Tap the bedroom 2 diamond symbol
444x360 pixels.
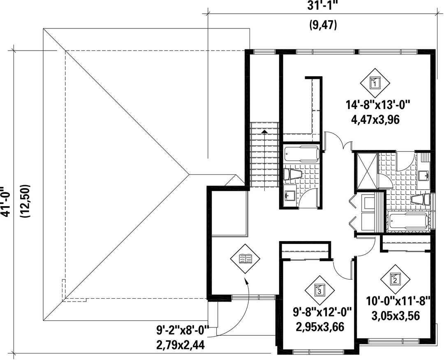click(x=395, y=279)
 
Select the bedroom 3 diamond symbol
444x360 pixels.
click(x=319, y=290)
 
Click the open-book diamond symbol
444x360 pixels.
click(x=245, y=259)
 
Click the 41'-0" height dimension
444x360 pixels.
click(x=6, y=202)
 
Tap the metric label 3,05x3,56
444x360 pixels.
click(x=395, y=316)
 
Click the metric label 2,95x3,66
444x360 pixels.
click(x=320, y=327)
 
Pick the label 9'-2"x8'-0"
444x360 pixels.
click(x=183, y=330)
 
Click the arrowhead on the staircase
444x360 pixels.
click(x=264, y=131)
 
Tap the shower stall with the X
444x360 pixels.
click(x=367, y=171)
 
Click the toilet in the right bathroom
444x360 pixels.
click(x=421, y=199)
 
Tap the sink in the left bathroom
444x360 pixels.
click(x=290, y=195)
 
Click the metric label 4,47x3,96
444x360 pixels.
click(x=375, y=120)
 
